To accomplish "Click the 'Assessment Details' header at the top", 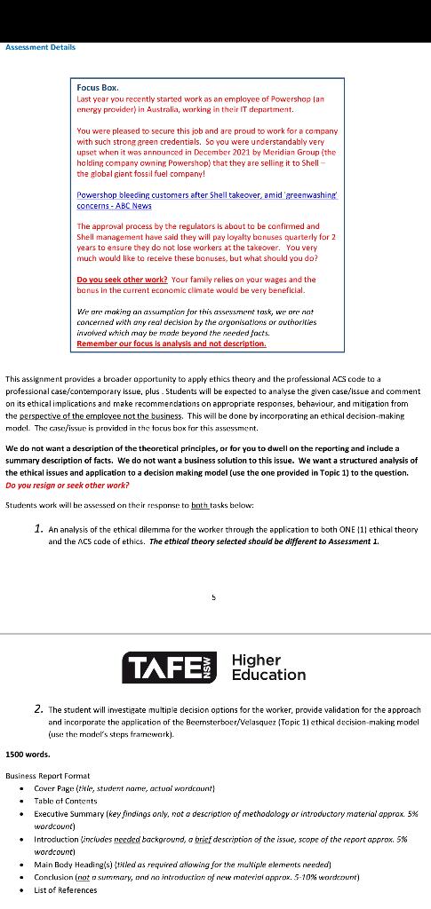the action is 40,47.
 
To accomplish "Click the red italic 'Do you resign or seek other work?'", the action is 68,486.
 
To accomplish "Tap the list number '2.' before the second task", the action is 38,709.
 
